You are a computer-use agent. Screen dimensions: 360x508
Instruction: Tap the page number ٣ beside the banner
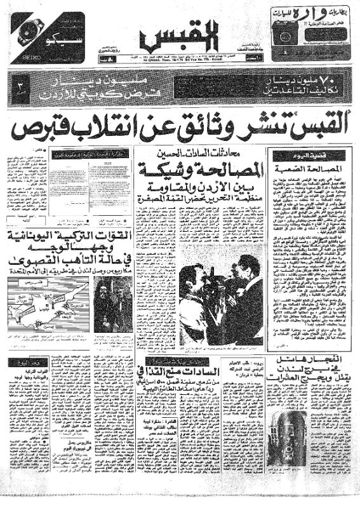click(x=20, y=85)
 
